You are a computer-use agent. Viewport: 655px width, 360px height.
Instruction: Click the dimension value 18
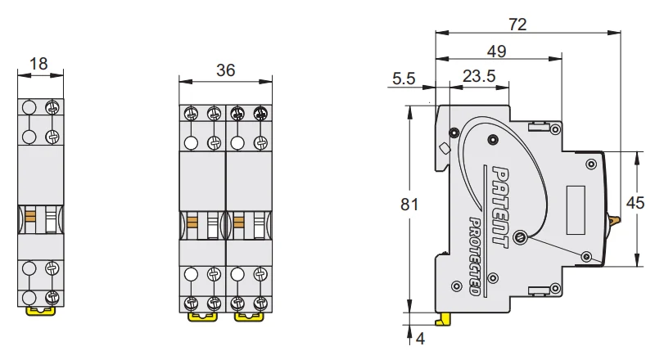coord(38,63)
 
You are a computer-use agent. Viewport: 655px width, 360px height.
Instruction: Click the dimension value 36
coord(225,70)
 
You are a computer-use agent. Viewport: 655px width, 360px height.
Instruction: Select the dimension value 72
coord(517,24)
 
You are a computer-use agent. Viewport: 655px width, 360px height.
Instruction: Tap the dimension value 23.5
coord(479,76)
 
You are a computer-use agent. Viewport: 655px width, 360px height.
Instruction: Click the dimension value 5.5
coord(405,79)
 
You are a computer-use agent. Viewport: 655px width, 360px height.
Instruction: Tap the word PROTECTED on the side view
coord(474,256)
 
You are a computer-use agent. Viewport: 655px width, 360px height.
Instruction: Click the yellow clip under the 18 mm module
coord(41,311)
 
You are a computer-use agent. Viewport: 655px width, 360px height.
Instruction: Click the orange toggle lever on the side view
coord(615,218)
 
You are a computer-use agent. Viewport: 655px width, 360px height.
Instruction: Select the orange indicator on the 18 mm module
coord(30,218)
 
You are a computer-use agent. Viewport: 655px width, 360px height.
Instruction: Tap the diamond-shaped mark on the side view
coord(445,149)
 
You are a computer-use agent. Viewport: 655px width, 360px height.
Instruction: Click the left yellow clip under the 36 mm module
coord(201,313)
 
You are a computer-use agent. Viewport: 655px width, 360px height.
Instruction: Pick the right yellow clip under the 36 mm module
coord(248,313)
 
